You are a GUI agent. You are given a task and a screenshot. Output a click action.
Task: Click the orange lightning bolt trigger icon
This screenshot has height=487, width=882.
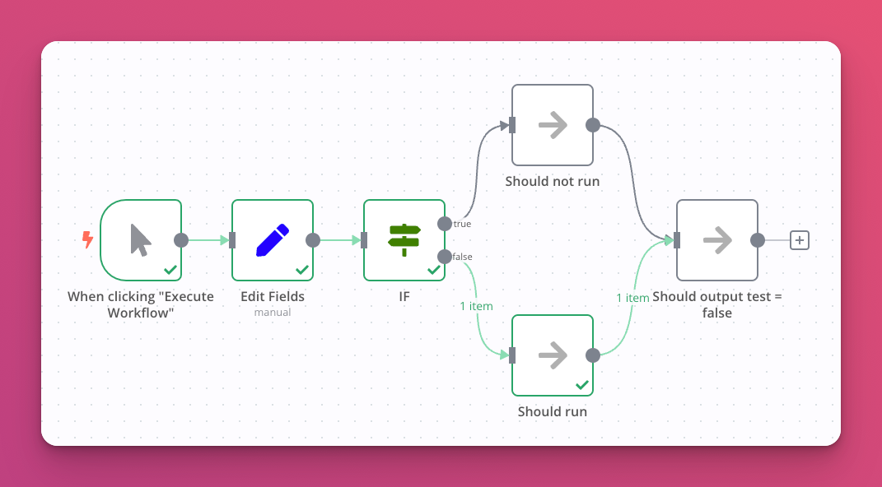[x=87, y=239]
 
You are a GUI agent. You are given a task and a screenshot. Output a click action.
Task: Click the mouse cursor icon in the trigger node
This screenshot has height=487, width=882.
[x=141, y=239]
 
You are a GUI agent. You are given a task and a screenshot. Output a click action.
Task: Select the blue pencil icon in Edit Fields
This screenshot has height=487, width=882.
[x=273, y=239]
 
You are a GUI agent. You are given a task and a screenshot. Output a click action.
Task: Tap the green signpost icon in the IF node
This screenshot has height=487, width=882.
[x=404, y=239]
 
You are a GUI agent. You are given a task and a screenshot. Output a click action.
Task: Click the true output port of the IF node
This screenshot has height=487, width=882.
[x=445, y=224]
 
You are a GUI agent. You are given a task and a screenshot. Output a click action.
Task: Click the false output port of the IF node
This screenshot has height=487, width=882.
[x=445, y=257]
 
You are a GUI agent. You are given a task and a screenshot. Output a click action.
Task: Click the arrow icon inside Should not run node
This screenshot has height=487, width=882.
[x=553, y=125]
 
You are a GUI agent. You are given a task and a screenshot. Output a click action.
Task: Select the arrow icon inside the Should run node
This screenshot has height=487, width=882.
[x=553, y=355]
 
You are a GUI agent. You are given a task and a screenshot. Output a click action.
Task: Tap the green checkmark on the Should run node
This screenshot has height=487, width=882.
[x=582, y=384]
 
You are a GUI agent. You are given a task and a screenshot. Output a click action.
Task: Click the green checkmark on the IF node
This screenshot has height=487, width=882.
[x=434, y=269]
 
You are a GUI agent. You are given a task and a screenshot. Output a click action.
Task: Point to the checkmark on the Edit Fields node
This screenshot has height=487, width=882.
[x=302, y=269]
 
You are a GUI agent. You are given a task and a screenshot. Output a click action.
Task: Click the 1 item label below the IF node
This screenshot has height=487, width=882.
[x=476, y=306]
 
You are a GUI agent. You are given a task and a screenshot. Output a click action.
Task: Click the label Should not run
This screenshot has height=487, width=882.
[x=553, y=181]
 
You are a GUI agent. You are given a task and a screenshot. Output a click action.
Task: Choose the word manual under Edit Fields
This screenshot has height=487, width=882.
[x=273, y=313]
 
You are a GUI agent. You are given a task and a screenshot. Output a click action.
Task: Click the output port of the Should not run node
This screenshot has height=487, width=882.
[x=592, y=125]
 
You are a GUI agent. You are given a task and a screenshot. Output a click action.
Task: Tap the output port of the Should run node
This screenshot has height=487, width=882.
[x=592, y=355]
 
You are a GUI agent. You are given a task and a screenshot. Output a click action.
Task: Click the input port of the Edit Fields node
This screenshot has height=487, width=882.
[x=232, y=240]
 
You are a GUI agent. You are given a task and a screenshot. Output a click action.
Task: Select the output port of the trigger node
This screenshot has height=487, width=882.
[x=181, y=240]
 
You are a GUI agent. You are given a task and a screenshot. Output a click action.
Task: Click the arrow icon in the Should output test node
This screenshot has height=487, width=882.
[x=717, y=240]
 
